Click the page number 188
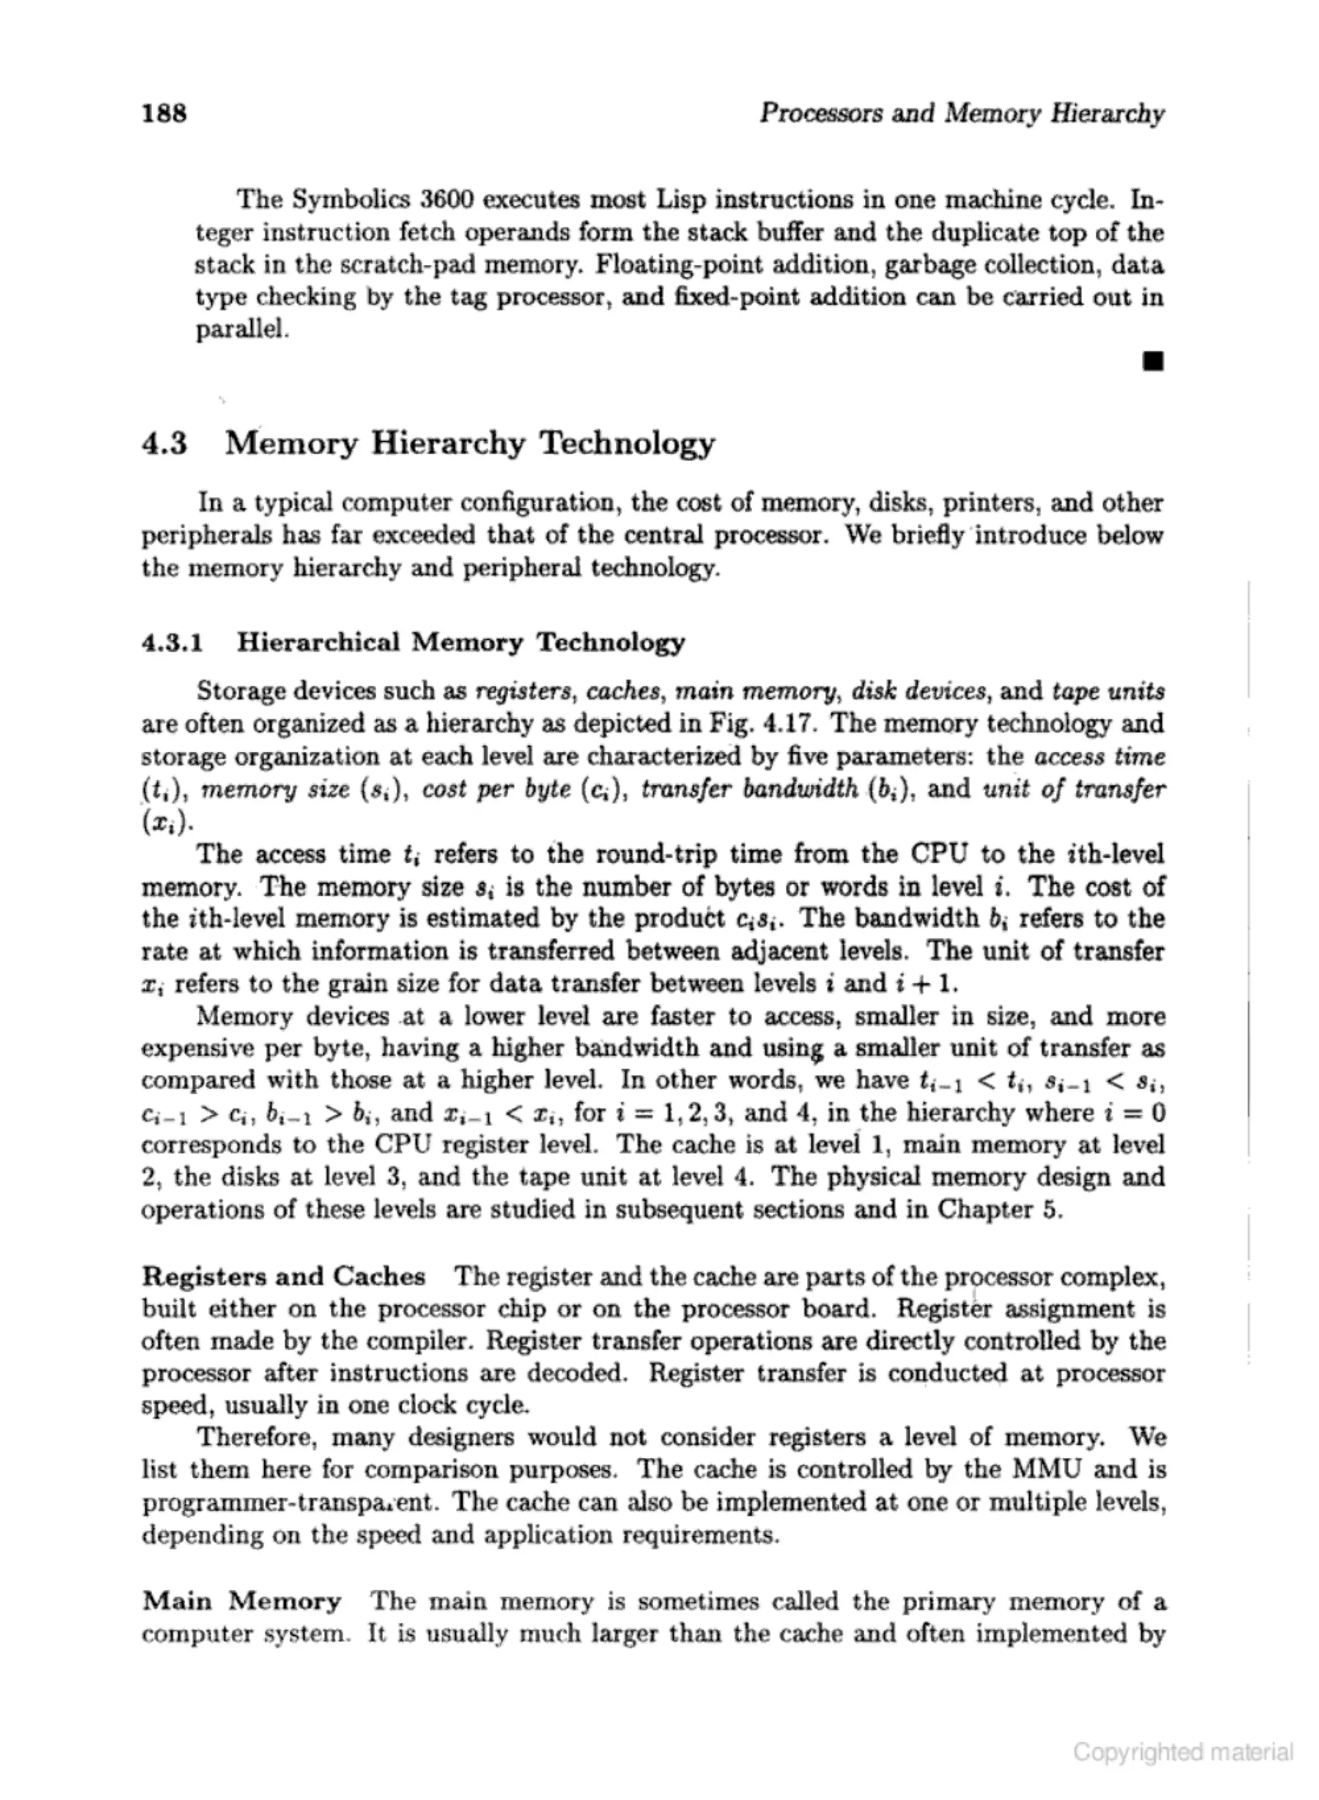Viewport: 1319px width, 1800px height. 164,113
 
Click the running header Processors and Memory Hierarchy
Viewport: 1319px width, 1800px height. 962,113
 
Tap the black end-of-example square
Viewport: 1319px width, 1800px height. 1152,363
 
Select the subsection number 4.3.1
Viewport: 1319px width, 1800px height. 172,643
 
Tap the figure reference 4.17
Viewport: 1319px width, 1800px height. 789,724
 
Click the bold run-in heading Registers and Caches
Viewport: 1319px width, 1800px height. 283,1277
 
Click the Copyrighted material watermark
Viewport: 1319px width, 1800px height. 1182,1752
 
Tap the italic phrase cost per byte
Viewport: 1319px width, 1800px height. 508,790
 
